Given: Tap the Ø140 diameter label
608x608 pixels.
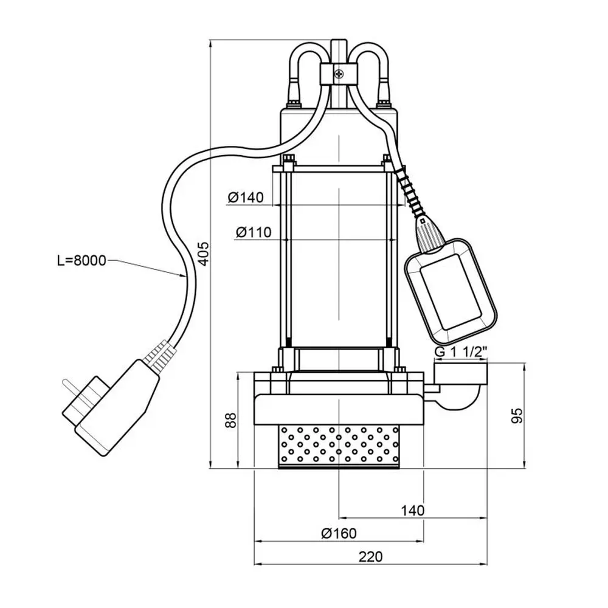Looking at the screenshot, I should click(x=246, y=197).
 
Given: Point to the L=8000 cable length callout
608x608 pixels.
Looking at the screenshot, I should click(x=80, y=261).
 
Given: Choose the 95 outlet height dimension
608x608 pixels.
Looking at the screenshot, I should click(x=517, y=416).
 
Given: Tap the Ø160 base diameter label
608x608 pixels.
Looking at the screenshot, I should click(x=339, y=533).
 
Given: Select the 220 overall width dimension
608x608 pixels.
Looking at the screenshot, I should click(x=370, y=556).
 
